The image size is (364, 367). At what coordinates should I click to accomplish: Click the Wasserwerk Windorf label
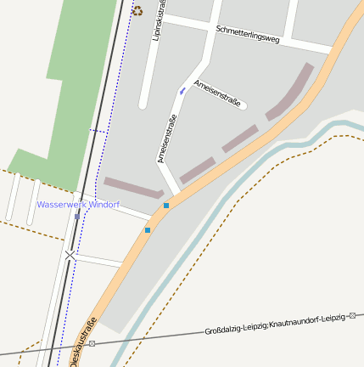coord(78,205)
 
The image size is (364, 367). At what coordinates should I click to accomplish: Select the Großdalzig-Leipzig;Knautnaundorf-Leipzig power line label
coord(276,323)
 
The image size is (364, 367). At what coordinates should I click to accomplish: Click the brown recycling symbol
coord(137,11)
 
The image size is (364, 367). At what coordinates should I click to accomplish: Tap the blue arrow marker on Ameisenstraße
coord(182,89)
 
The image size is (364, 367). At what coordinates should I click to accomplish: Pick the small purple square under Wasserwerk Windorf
coord(77,216)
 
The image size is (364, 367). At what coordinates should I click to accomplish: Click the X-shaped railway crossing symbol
coord(70,254)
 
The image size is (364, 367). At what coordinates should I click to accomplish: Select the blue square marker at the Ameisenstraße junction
coord(166,206)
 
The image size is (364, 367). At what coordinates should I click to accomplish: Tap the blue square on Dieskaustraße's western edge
coord(148,229)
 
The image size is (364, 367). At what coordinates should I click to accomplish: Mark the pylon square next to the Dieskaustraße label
coord(92,343)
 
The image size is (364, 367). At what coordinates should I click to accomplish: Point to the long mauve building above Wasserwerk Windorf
coord(133,188)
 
